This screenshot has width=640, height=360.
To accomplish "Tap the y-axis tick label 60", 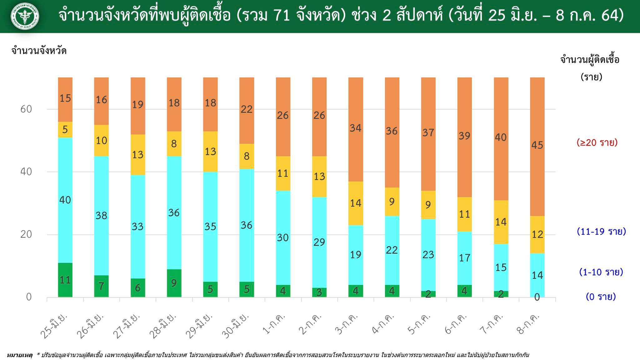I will coord(26,109).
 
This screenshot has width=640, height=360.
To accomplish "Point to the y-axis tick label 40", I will coord(26,172).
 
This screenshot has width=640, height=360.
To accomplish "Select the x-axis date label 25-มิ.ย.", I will coord(54,325).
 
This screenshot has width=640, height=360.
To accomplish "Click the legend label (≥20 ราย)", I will coord(597,143).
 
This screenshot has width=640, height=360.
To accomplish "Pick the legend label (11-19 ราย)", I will coord(601,232).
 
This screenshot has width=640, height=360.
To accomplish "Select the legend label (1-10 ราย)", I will coord(601,272).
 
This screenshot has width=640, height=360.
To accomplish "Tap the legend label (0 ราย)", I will coord(601,297).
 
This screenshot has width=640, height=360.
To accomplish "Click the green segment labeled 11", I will coord(65,280).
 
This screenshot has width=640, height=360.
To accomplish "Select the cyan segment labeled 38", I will coord(101,216).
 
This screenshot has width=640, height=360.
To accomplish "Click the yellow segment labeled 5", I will coord(65,130).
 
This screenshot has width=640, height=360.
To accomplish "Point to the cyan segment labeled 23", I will coord(428,255).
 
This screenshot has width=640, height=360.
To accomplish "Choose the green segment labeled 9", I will coord(174,283).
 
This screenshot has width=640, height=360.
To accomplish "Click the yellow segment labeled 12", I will coord(537,234).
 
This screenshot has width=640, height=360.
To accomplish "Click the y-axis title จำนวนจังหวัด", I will coord(39,51).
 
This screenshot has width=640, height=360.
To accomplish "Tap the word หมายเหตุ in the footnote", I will coord(19,355).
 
